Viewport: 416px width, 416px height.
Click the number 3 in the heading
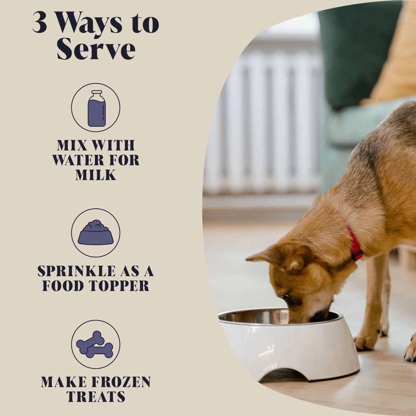click(40, 23)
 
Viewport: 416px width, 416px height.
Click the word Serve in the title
click(96, 49)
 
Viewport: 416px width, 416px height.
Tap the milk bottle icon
click(96, 108)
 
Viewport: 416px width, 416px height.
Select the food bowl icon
click(96, 233)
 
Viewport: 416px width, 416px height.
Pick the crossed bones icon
click(95, 345)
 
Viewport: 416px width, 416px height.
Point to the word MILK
click(96, 175)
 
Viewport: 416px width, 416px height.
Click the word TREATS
click(96, 397)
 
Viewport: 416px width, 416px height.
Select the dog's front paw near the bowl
click(365, 341)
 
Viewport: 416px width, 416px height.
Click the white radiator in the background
click(265, 120)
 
